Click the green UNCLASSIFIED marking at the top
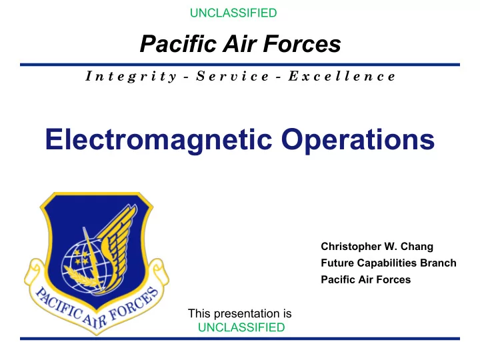click(233, 13)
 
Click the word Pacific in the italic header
click(178, 44)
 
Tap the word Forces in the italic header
click(302, 44)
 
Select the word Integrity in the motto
click(131, 76)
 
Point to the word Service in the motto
click(233, 76)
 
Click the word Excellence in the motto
click(342, 76)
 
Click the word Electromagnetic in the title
click(159, 139)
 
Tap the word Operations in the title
click(358, 139)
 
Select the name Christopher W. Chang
click(377, 247)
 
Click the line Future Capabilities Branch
click(389, 263)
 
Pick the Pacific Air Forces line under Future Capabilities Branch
click(366, 279)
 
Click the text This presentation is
click(240, 313)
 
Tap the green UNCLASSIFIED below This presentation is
click(241, 327)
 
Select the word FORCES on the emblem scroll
click(135, 305)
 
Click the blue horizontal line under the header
click(240, 65)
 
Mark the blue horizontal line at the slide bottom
click(240, 339)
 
